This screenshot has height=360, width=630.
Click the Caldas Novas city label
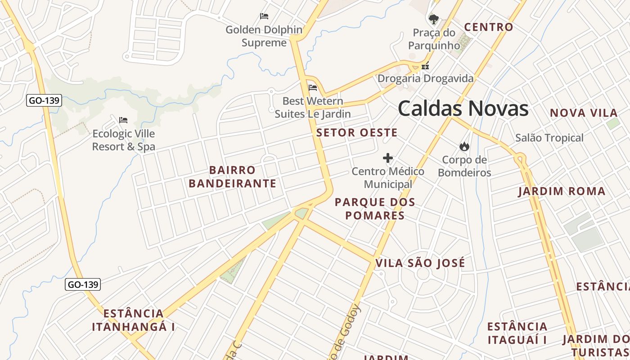point(463,109)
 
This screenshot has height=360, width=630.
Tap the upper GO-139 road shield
point(44,100)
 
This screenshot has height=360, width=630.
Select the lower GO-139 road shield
point(83,284)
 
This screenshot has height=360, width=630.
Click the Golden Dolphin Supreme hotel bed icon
point(264,16)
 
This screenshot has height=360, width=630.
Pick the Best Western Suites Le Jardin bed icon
point(313,87)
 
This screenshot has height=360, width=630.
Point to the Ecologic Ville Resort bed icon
point(123,120)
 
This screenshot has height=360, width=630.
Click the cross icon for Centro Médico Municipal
point(388,158)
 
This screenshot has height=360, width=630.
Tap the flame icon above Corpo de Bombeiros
point(464,146)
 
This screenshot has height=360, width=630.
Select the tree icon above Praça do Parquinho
point(434,19)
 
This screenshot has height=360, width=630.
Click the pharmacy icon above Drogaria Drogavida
point(425,66)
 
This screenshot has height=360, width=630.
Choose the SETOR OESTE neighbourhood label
point(357,133)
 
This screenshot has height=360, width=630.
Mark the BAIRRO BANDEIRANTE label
point(232,177)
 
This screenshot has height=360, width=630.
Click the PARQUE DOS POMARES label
point(375,209)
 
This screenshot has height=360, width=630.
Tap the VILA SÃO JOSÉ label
point(420,263)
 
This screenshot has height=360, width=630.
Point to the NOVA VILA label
point(583,113)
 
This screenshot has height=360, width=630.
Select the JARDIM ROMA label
point(562,191)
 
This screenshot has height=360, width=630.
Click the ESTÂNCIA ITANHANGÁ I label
point(133,320)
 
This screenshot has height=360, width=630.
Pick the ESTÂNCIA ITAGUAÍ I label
point(517,333)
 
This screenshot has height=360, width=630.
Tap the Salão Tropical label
point(549,138)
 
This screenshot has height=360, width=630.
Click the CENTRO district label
point(489,27)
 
